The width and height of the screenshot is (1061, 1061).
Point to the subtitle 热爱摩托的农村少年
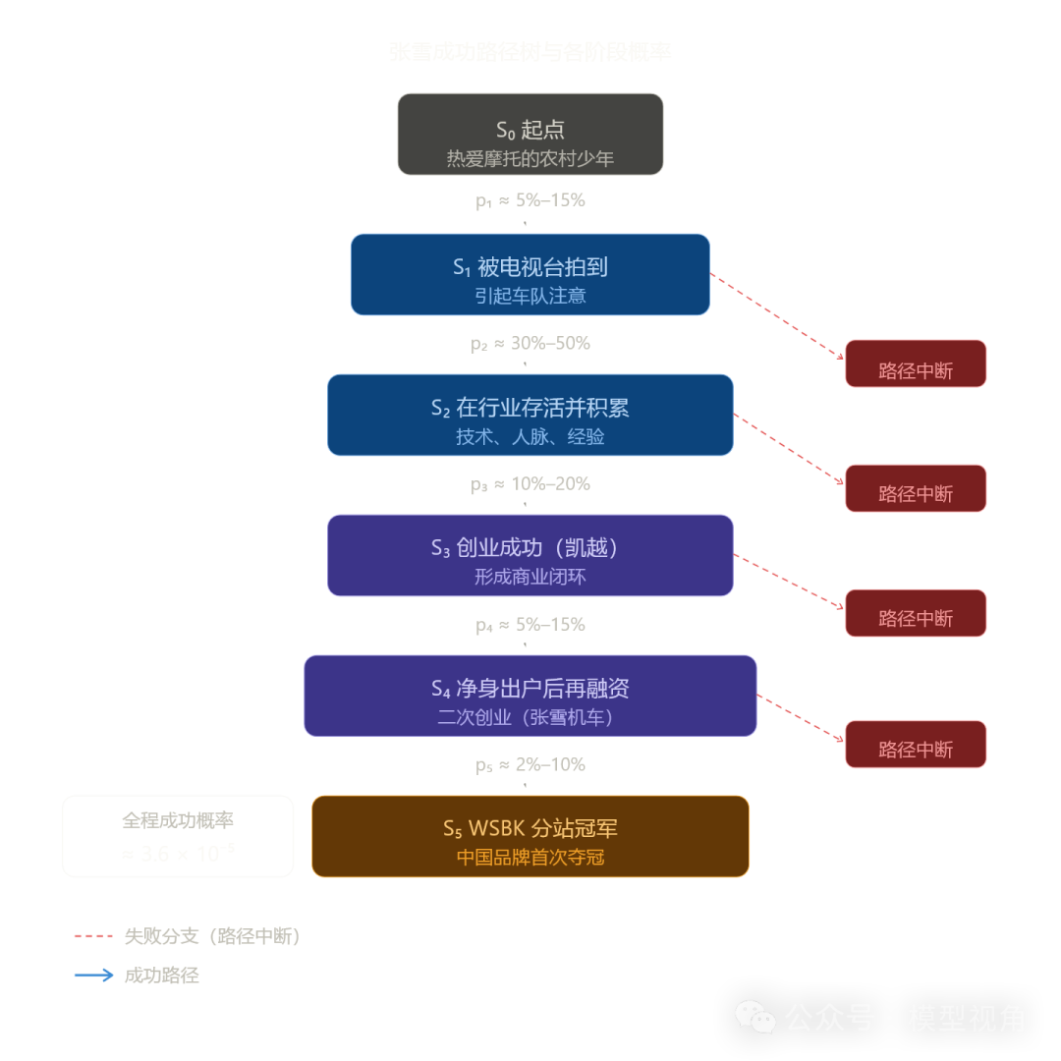pos(530,158)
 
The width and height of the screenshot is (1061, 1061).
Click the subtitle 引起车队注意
pos(530,296)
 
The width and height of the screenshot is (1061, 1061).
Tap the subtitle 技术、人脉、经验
pos(530,437)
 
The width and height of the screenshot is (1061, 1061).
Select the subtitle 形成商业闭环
pos(530,577)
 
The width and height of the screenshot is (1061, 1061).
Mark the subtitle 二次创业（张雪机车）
pos(530,717)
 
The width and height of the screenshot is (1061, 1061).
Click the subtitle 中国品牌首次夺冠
pos(530,858)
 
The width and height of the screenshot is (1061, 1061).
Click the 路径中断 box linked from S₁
pos(916,366)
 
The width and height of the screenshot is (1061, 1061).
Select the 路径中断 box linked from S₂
pos(916,490)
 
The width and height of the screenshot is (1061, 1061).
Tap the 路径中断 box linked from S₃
pos(916,615)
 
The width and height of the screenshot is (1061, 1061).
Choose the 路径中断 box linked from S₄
pos(916,747)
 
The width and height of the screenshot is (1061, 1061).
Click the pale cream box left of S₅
pos(178,836)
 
